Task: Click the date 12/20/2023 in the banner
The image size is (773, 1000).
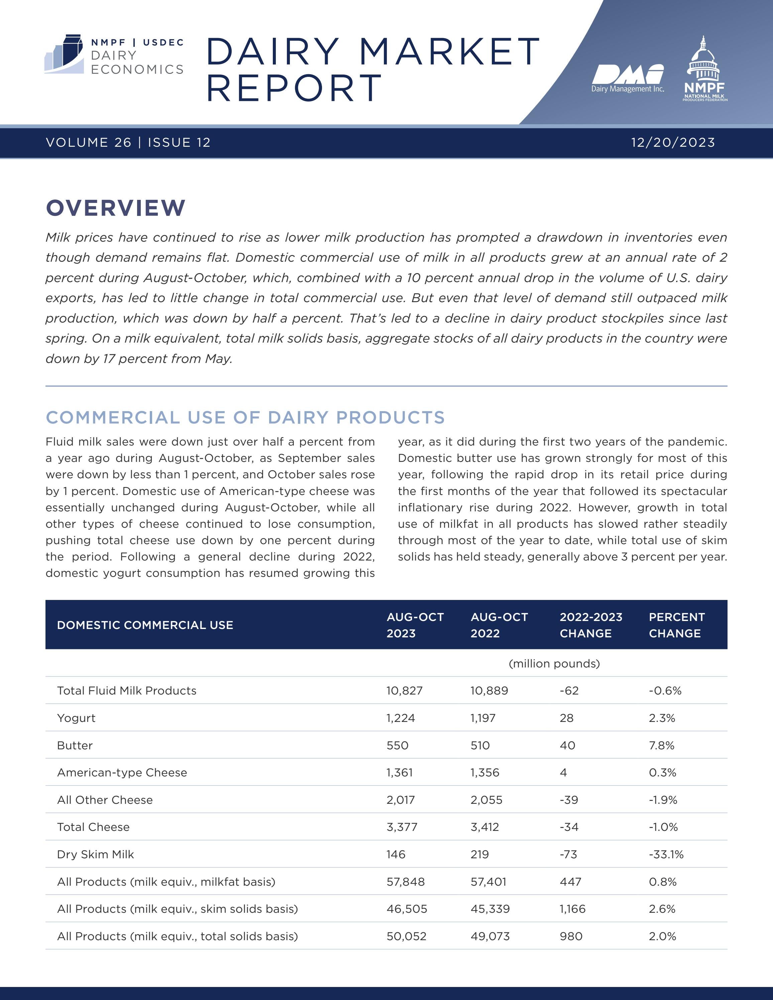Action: [x=673, y=142]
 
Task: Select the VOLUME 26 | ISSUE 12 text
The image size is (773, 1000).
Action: [x=128, y=142]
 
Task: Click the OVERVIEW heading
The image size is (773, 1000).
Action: [x=116, y=208]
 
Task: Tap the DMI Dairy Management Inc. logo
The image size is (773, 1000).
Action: [x=627, y=78]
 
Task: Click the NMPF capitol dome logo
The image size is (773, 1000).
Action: [x=704, y=69]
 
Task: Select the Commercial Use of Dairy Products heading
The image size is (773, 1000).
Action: [x=245, y=417]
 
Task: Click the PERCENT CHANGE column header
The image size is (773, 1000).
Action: [x=676, y=625]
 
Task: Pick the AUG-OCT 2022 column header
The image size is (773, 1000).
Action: [x=499, y=625]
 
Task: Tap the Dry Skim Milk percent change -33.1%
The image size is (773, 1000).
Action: [x=666, y=854]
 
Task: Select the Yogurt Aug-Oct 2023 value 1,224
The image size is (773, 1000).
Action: [x=400, y=718]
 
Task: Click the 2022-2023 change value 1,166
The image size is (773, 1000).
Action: [x=572, y=909]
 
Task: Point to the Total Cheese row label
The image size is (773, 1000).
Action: [x=93, y=827]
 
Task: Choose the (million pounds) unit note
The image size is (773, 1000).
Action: [x=554, y=663]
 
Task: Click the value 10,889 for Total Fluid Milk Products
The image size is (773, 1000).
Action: [x=489, y=691]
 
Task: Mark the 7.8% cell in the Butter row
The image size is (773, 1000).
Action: [x=661, y=745]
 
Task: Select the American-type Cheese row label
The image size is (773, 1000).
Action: [x=122, y=772]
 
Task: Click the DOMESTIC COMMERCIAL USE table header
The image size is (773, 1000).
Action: [x=145, y=625]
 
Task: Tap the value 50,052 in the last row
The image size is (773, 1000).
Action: [x=406, y=936]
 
